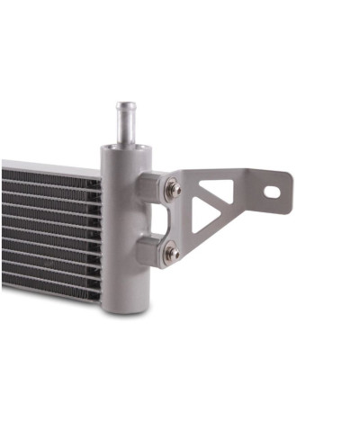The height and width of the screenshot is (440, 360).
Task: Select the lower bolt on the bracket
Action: [x=171, y=254]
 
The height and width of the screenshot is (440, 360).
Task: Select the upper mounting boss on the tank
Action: [x=148, y=189]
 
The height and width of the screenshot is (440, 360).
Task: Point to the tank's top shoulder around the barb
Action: [x=124, y=148]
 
